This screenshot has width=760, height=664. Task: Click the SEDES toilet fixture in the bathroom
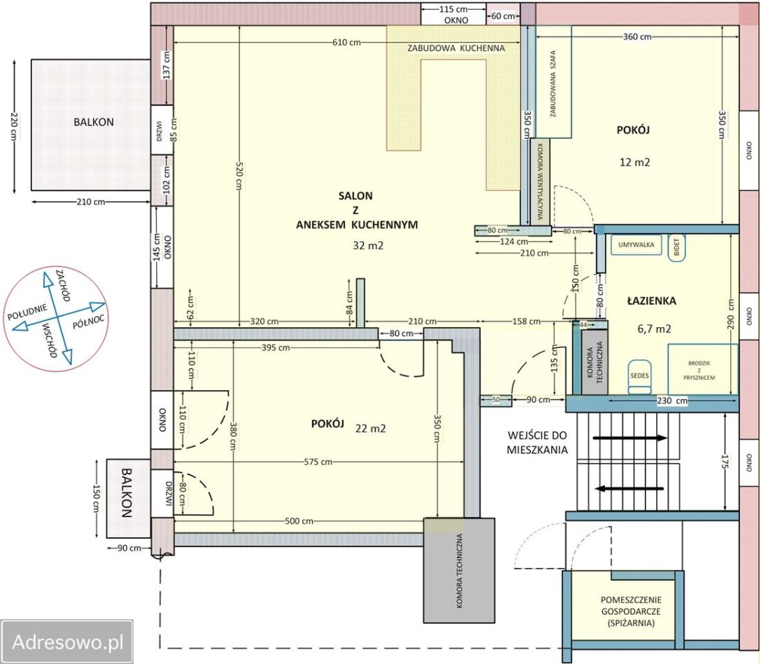pos(640,376)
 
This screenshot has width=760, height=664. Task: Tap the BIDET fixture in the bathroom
pos(676,248)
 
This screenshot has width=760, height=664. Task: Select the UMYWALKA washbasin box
pos(636,245)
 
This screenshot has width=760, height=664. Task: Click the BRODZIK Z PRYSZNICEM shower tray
pos(703,369)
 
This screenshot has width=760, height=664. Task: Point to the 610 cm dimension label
pos(346,42)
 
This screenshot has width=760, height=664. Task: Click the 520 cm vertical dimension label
pos(239,175)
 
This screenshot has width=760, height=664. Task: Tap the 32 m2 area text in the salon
pos(368,246)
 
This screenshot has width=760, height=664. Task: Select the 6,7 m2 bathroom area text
pos(654,329)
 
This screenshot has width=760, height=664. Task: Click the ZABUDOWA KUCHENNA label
pos(456,48)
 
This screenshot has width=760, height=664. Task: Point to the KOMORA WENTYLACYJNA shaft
pos(540,182)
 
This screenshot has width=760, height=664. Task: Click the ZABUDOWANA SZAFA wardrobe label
pos(553,84)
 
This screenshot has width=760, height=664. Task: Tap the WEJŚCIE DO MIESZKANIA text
pos(537,442)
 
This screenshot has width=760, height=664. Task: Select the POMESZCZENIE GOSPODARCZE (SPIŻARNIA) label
pos(631,611)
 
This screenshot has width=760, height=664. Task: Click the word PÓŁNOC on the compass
pos(89,321)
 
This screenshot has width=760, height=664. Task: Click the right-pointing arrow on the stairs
pos(629,438)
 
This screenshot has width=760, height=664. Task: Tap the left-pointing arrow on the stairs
pos(629,488)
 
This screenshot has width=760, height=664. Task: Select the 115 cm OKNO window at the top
pos(453,14)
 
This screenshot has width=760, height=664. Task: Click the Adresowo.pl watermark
pos(67,642)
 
